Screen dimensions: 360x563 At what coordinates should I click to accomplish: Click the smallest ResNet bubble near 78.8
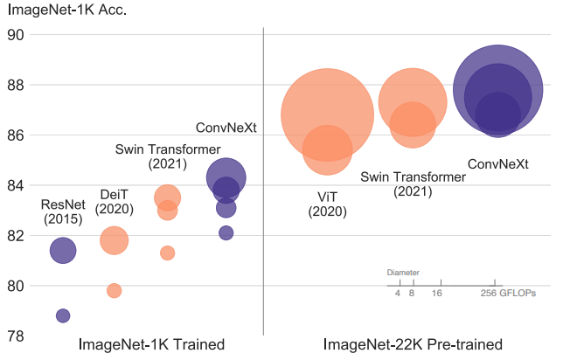tap(63, 315)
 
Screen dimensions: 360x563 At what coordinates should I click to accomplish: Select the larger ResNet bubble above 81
tap(63, 250)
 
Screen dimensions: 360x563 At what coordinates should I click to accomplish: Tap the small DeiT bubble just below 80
tap(114, 291)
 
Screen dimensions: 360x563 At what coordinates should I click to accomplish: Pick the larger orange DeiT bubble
tap(114, 239)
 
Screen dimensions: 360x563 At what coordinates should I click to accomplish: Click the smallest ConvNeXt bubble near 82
tap(226, 232)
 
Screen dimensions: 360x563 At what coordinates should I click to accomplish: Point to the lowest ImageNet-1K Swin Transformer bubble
tap(167, 253)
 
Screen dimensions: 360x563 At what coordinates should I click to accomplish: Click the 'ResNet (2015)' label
tap(61, 211)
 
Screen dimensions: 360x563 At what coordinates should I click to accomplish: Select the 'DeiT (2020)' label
tap(114, 201)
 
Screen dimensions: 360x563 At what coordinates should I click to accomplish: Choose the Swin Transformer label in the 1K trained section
tap(168, 156)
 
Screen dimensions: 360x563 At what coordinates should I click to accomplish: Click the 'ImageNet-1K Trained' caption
tap(152, 344)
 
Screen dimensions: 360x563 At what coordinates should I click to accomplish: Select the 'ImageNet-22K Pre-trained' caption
tap(414, 344)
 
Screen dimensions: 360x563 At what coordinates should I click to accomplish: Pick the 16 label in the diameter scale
tap(436, 293)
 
